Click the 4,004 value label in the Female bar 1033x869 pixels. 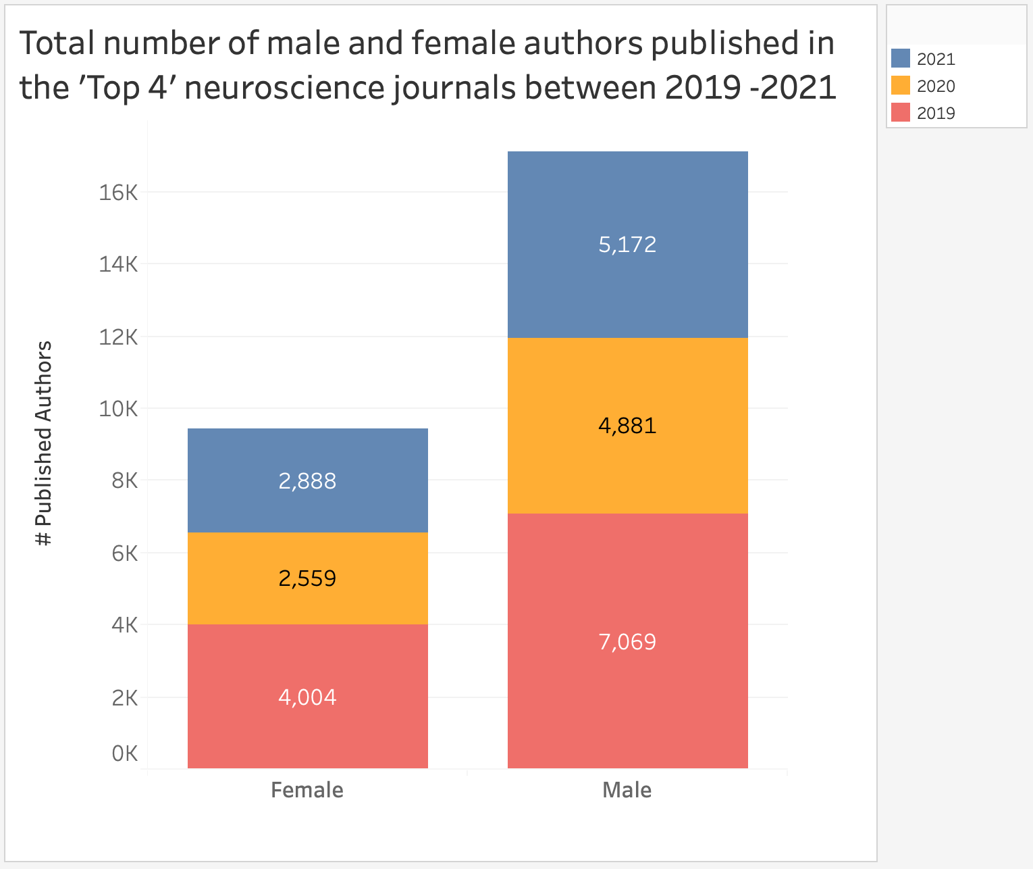pos(307,697)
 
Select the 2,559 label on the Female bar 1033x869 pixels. pos(307,578)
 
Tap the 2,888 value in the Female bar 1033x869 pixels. pos(307,481)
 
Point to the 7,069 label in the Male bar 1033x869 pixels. pos(627,641)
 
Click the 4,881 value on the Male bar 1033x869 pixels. pos(627,426)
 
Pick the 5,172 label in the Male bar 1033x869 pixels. pos(627,244)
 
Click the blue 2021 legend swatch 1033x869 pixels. pos(901,58)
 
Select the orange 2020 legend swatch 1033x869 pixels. pos(901,85)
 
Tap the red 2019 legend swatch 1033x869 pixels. pos(901,112)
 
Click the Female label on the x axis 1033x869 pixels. pos(307,790)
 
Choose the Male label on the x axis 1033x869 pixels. pos(627,790)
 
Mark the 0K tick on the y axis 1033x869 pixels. pos(125,753)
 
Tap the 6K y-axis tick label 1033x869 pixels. pos(125,554)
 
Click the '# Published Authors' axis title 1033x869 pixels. pos(44,443)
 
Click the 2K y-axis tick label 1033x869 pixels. pos(125,698)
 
